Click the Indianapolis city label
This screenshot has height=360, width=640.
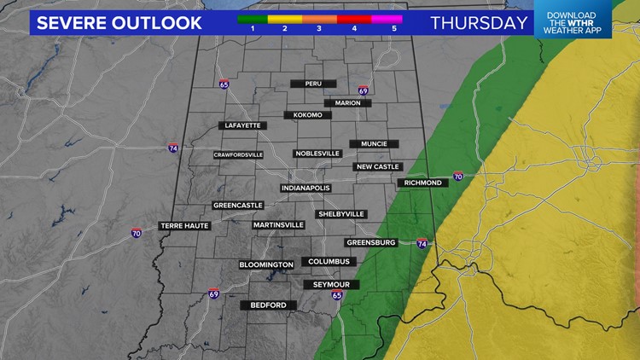pyautogui.click(x=305, y=189)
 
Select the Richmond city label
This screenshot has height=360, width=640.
pyautogui.click(x=423, y=183)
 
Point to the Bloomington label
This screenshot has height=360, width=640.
pyautogui.click(x=266, y=265)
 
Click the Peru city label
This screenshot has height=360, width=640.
pyautogui.click(x=313, y=84)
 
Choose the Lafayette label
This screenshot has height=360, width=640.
pyautogui.click(x=242, y=125)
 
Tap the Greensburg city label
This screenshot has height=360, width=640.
pyautogui.click(x=371, y=242)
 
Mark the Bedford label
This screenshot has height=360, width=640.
pyautogui.click(x=268, y=305)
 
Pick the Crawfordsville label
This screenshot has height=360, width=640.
pyautogui.click(x=238, y=155)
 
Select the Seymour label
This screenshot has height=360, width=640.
pyautogui.click(x=331, y=284)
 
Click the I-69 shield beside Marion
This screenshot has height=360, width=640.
pyautogui.click(x=363, y=90)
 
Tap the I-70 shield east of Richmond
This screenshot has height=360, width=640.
pyautogui.click(x=458, y=177)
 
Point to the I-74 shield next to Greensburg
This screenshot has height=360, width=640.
pyautogui.click(x=422, y=243)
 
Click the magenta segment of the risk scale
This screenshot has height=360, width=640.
pyautogui.click(x=387, y=17)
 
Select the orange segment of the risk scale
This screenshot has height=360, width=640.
pyautogui.click(x=320, y=17)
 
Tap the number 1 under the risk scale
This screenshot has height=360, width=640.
pyautogui.click(x=253, y=28)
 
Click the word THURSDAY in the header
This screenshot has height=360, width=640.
pyautogui.click(x=478, y=22)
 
